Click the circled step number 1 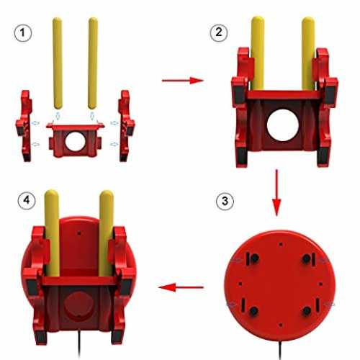[x=23, y=32]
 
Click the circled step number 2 [x=219, y=32]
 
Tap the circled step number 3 [x=225, y=201]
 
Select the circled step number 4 [x=27, y=200]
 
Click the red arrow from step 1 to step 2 [x=183, y=81]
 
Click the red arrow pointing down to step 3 [x=276, y=193]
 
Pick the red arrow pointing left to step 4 [x=181, y=287]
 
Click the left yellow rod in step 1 [x=57, y=63]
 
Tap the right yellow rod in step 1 [x=93, y=63]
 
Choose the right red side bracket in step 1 [x=126, y=125]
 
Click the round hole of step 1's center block [x=75, y=142]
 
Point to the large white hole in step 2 [x=283, y=125]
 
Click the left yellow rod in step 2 [x=258, y=53]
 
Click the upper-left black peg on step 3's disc [x=254, y=258]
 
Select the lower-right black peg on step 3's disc [x=307, y=311]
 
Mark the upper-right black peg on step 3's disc [x=307, y=258]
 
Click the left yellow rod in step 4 [x=52, y=233]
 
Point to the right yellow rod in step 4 [x=106, y=233]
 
